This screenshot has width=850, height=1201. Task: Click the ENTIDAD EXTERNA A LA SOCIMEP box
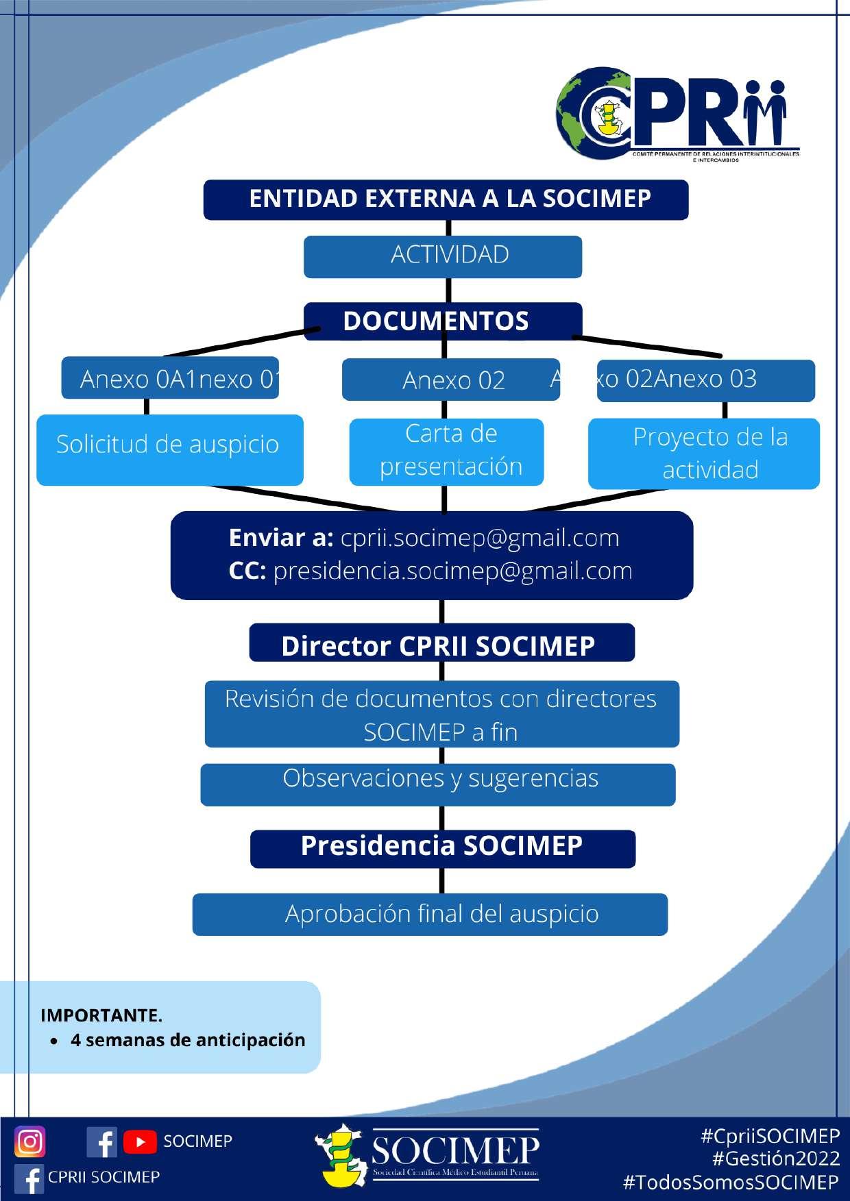446,199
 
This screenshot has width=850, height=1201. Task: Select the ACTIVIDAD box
443,256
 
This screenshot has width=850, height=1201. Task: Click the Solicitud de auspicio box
169,449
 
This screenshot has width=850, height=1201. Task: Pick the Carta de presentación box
447,451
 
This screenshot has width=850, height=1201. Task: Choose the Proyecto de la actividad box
704,454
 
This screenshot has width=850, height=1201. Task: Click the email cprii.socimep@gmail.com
480,538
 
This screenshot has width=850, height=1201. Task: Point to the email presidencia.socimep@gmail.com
452,571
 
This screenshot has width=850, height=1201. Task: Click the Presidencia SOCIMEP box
442,848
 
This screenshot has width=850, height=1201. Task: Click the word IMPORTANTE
101,1015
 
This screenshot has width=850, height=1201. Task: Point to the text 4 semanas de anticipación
188,1040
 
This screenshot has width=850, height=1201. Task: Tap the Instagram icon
30,1141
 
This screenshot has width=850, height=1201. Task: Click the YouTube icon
140,1142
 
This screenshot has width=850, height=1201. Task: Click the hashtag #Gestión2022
776,1159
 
